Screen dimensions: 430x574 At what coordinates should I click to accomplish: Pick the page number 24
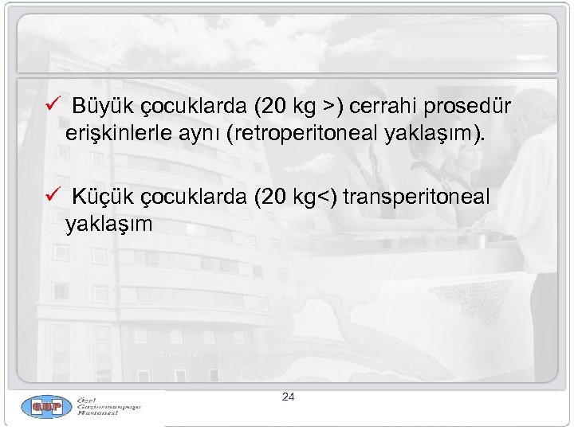point(289,396)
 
